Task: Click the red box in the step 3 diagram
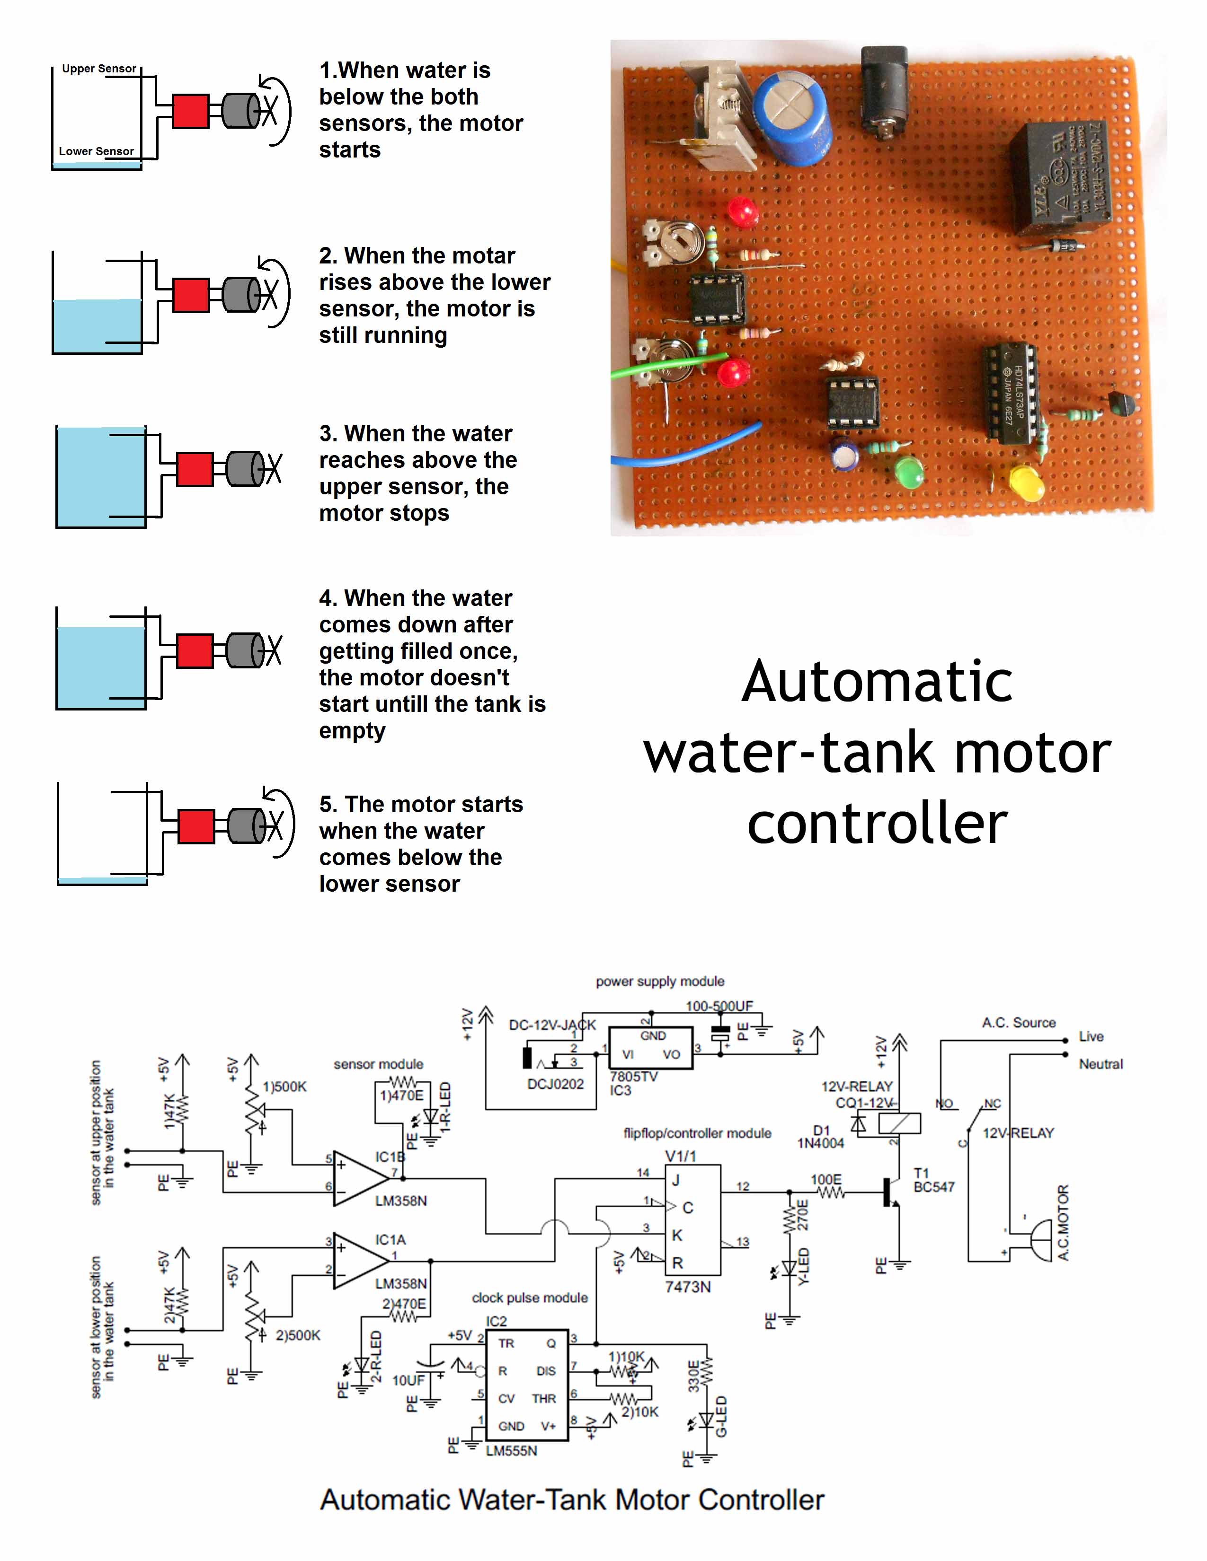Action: [x=195, y=470]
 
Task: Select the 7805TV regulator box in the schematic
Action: [x=650, y=1047]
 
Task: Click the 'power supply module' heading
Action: [x=660, y=982]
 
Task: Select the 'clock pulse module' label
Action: [x=529, y=1297]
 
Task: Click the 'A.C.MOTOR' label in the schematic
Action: [x=1063, y=1223]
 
